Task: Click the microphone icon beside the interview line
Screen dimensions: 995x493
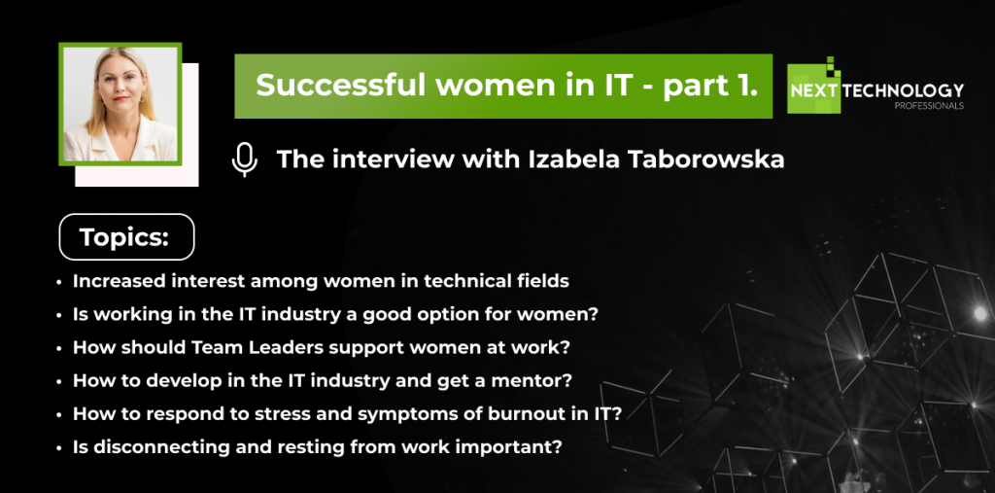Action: coord(244,159)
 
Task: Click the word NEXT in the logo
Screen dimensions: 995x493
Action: coord(813,90)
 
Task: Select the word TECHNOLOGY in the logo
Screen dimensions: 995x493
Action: coord(904,90)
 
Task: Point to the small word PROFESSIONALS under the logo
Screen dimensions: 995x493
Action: coord(929,106)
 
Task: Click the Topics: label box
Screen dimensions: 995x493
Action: coord(127,237)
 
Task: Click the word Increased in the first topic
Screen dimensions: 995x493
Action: coord(111,281)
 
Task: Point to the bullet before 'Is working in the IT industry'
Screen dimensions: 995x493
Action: coord(59,315)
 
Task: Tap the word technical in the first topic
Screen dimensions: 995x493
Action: coord(486,281)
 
